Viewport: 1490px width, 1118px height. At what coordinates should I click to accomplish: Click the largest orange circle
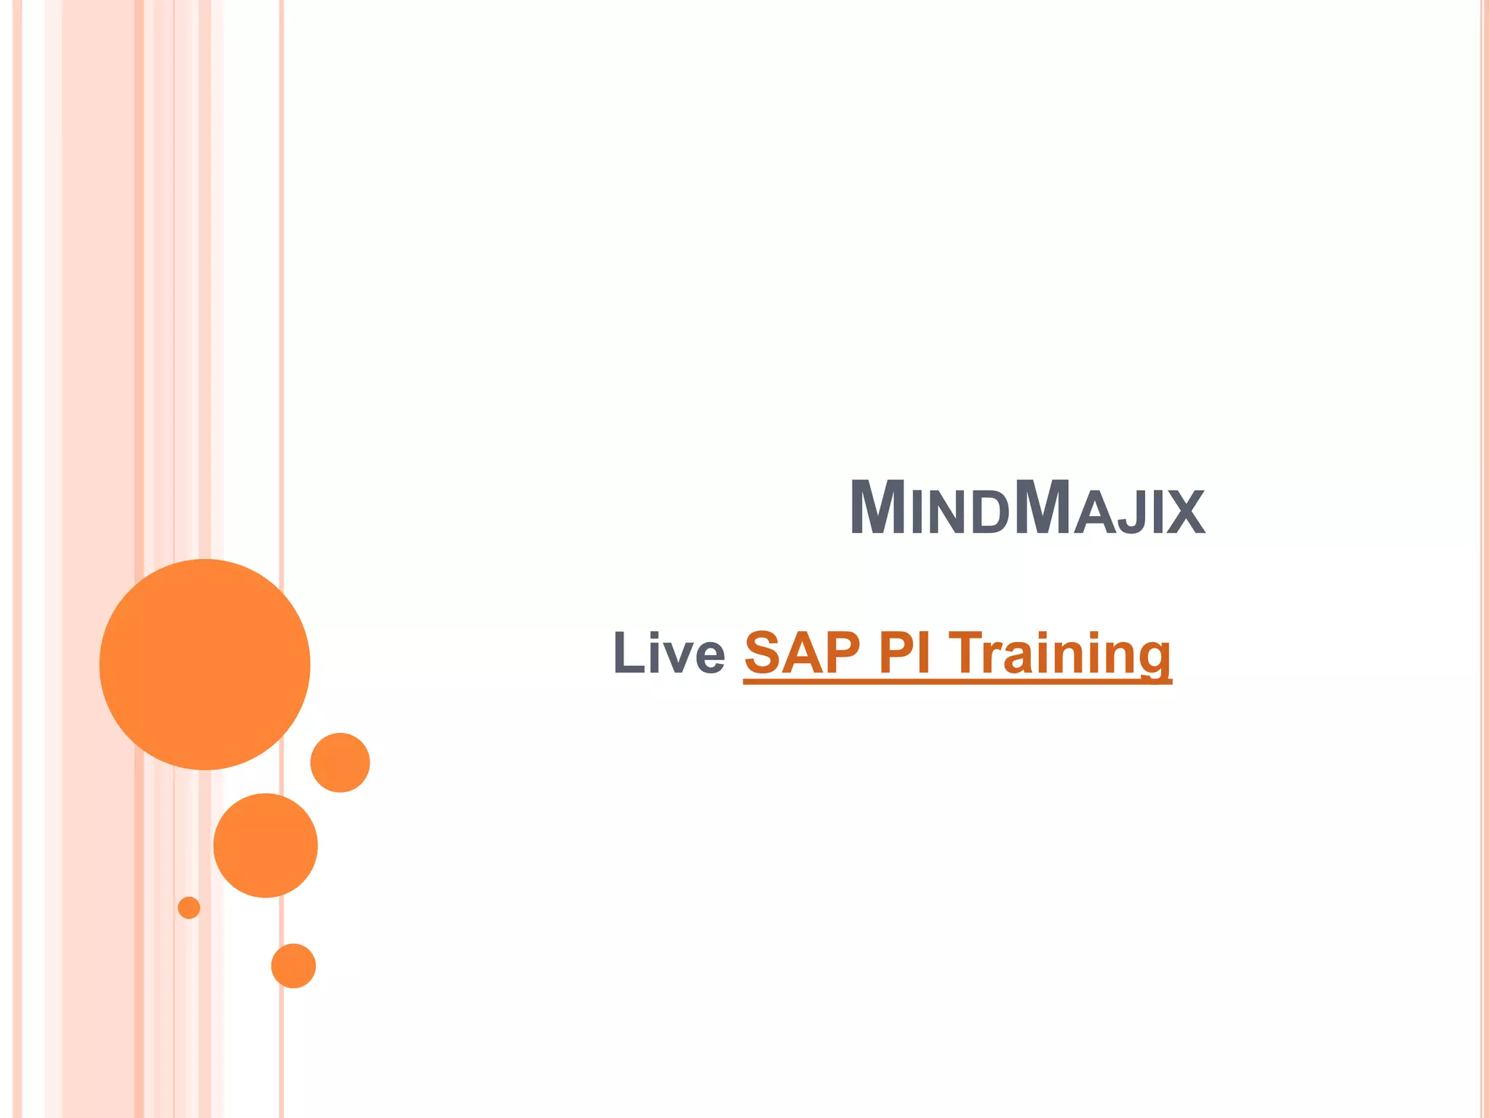pos(204,664)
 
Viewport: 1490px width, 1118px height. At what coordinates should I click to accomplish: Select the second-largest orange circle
pos(266,845)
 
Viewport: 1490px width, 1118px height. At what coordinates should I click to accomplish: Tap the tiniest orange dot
pos(189,908)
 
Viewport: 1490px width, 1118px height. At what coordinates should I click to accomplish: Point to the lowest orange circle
pos(293,966)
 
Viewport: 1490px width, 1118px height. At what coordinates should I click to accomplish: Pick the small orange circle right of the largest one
pos(340,762)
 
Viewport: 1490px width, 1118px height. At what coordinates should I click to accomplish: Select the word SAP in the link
pos(802,652)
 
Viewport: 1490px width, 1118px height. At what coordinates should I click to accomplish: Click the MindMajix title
pos(1027,508)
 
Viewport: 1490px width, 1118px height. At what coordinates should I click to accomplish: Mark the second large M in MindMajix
pos(1042,508)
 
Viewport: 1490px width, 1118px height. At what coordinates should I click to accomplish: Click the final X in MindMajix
pos(1186,512)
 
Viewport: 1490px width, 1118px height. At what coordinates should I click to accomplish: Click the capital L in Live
pos(627,652)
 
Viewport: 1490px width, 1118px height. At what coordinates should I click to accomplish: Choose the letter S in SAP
pos(763,652)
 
